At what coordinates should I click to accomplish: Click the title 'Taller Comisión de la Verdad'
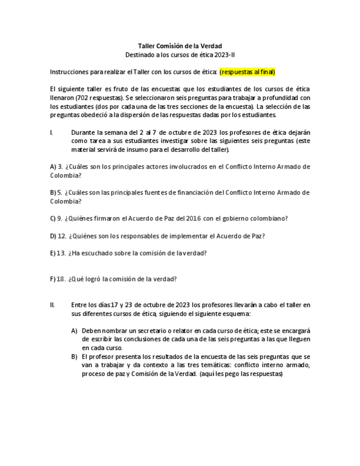(180, 46)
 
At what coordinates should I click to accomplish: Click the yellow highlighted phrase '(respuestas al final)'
(247, 72)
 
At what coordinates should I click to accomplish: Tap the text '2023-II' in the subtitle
(223, 55)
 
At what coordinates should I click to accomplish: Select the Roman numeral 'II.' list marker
(52, 305)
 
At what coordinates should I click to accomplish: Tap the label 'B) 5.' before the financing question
(56, 192)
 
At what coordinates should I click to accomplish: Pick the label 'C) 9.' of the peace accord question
(56, 218)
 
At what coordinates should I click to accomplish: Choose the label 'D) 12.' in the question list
(58, 236)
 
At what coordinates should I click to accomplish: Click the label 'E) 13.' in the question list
(58, 253)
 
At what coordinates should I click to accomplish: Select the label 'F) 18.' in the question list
(58, 279)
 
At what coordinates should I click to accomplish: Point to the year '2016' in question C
(193, 218)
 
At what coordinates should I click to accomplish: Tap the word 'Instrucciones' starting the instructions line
(69, 72)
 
